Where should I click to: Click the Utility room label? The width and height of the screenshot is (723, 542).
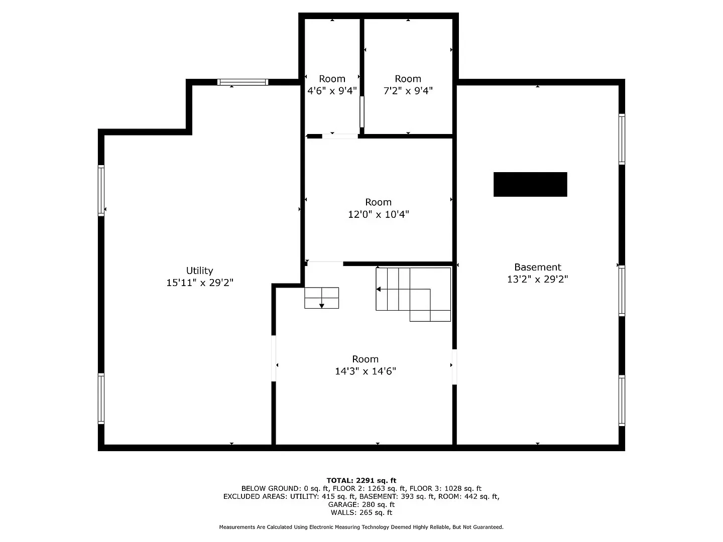tap(199, 270)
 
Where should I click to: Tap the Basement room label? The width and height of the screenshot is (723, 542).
tap(537, 267)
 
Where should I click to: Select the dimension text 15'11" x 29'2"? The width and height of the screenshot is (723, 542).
tap(199, 283)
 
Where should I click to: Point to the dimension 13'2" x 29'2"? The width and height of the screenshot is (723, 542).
tap(537, 280)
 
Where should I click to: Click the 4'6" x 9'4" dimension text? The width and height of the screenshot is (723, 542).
tap(332, 91)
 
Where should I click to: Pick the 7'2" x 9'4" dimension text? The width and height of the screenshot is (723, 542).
tap(408, 91)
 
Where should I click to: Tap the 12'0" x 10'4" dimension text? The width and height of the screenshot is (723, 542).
tap(378, 214)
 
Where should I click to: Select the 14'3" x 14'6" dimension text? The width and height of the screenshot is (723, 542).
tap(365, 371)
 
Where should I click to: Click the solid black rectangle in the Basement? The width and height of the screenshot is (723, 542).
tap(530, 184)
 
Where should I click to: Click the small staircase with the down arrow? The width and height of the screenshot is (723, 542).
tap(321, 298)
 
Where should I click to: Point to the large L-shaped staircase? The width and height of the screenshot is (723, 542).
tap(413, 294)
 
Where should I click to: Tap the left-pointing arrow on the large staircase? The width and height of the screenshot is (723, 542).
tap(379, 289)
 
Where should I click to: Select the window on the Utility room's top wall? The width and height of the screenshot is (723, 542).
tap(243, 82)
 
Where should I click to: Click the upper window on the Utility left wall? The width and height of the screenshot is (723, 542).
tap(101, 190)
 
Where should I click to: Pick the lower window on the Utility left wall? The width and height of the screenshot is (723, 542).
tap(101, 399)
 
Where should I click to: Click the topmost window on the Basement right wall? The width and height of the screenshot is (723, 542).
tap(622, 139)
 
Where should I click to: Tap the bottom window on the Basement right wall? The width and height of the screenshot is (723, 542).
tap(622, 400)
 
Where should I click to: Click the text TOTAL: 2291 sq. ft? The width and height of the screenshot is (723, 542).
tap(361, 480)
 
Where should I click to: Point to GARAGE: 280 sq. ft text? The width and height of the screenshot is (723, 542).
tap(361, 504)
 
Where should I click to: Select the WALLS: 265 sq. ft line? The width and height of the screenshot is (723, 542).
tap(361, 512)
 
